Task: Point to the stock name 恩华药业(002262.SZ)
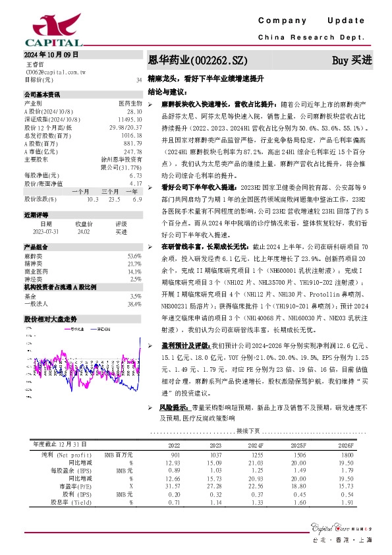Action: pos(198,60)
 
